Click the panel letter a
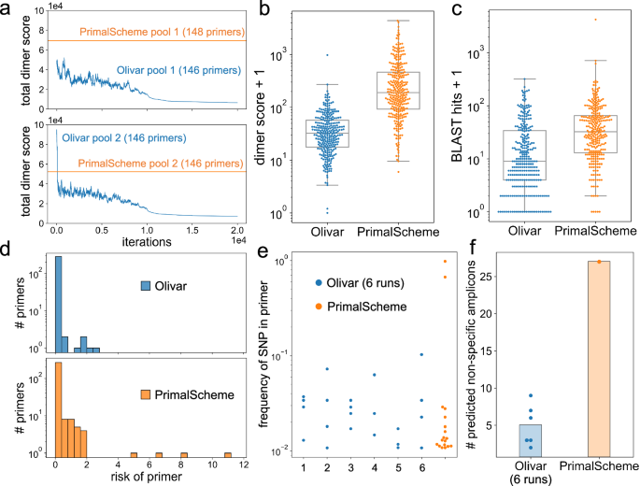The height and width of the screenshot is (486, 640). coord(7,8)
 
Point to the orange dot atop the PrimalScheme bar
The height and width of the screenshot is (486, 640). coord(598,262)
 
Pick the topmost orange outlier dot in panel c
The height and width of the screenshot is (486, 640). coord(594,19)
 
